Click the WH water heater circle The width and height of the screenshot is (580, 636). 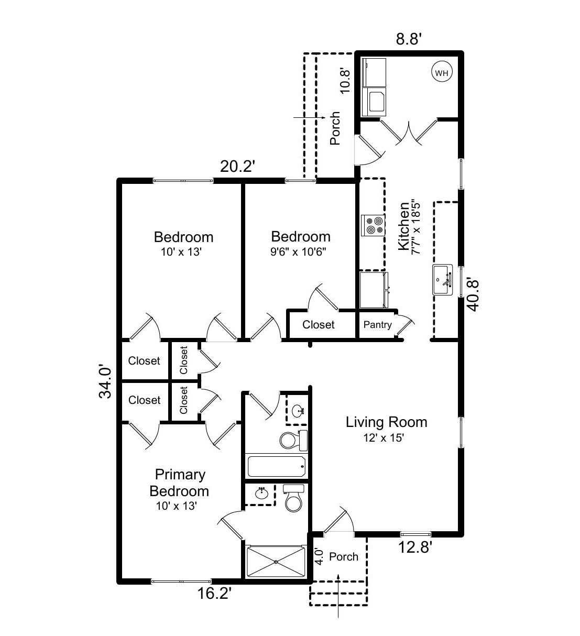coord(442,73)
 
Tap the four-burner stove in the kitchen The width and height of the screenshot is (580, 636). coord(374,225)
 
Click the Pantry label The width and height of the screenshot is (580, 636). coord(377,325)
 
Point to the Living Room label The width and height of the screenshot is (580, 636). coord(386,422)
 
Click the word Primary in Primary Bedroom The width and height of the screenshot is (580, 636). coord(180,475)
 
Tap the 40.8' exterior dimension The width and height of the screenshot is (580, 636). coord(473,294)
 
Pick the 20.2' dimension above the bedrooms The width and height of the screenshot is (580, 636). coord(237,167)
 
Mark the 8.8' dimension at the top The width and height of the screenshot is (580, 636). coord(409,39)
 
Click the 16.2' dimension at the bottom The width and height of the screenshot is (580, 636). coord(214,594)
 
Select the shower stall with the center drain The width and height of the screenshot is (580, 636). coord(276,562)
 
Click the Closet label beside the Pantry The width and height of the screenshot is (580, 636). coord(318,325)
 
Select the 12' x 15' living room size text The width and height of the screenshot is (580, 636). coord(384,438)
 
